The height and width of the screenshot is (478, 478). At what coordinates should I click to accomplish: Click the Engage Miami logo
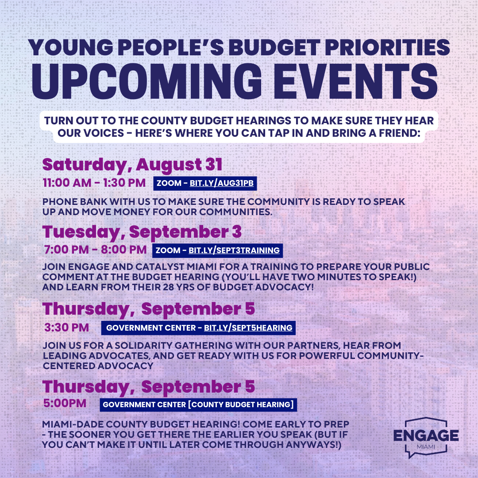tap(426, 437)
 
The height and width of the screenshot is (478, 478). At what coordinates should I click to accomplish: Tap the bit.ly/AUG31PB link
tap(222, 183)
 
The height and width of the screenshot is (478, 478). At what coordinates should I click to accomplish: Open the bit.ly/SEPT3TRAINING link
tap(234, 250)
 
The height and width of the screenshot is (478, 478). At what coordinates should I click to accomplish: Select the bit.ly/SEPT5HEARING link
tap(248, 328)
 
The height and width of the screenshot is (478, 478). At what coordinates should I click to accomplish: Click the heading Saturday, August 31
tap(132, 165)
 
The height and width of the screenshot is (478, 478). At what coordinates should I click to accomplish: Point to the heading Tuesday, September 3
tap(142, 232)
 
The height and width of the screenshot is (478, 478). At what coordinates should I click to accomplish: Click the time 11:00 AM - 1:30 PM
tap(94, 183)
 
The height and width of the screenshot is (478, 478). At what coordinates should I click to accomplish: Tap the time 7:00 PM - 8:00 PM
tap(96, 250)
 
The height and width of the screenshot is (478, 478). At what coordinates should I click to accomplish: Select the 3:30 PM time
tap(67, 328)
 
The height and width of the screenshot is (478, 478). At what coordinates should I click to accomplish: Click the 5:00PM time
tap(65, 403)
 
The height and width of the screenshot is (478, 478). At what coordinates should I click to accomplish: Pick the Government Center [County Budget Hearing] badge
tap(198, 405)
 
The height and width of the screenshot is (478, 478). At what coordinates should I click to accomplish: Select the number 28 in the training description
tap(162, 287)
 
